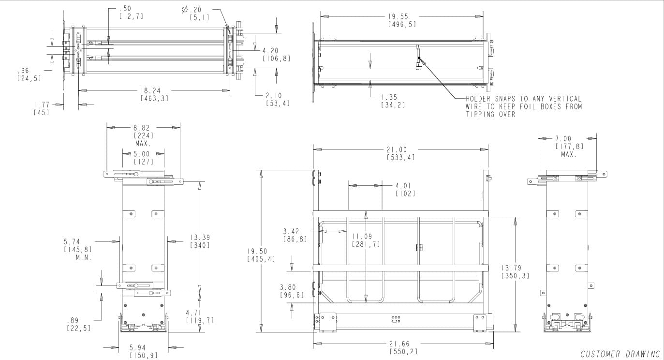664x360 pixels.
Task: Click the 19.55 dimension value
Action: [x=401, y=16]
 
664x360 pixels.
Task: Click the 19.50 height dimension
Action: [x=261, y=251]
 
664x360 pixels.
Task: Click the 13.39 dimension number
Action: [x=200, y=238]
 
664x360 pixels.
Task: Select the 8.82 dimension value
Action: [x=143, y=128]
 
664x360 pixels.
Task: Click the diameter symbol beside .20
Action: [x=184, y=9]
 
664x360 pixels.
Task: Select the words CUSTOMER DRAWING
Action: [x=620, y=354]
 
